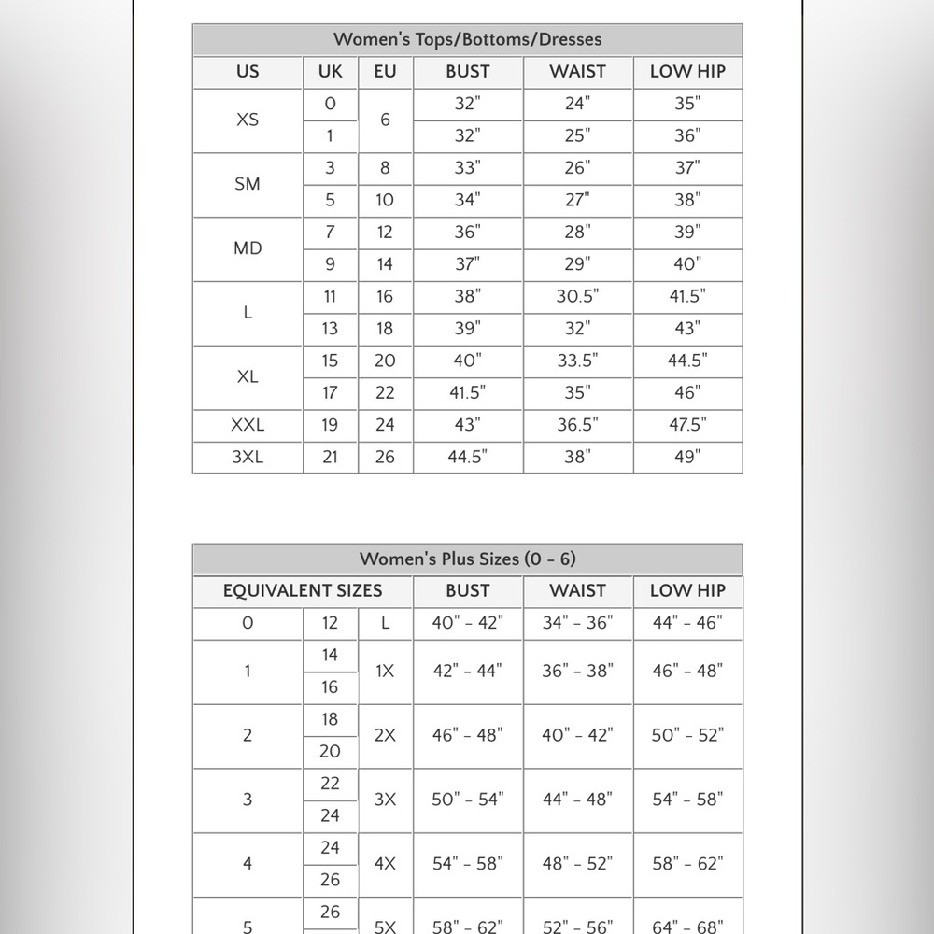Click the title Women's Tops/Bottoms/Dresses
[467, 39]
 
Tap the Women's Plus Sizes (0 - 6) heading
[467, 559]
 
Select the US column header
[248, 71]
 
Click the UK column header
[330, 71]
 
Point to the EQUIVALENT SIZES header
[303, 590]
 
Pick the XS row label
[248, 120]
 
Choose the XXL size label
[248, 425]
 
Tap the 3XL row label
[248, 457]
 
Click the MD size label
[248, 248]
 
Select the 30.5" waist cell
[577, 296]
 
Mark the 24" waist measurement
[577, 104]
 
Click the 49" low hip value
[687, 457]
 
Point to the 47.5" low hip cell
[687, 425]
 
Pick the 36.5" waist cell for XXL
[577, 425]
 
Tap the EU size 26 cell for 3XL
[385, 457]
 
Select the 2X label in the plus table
[385, 735]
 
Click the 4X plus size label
[385, 864]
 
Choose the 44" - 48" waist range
[577, 800]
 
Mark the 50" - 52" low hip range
[687, 735]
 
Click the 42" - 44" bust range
[467, 671]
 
